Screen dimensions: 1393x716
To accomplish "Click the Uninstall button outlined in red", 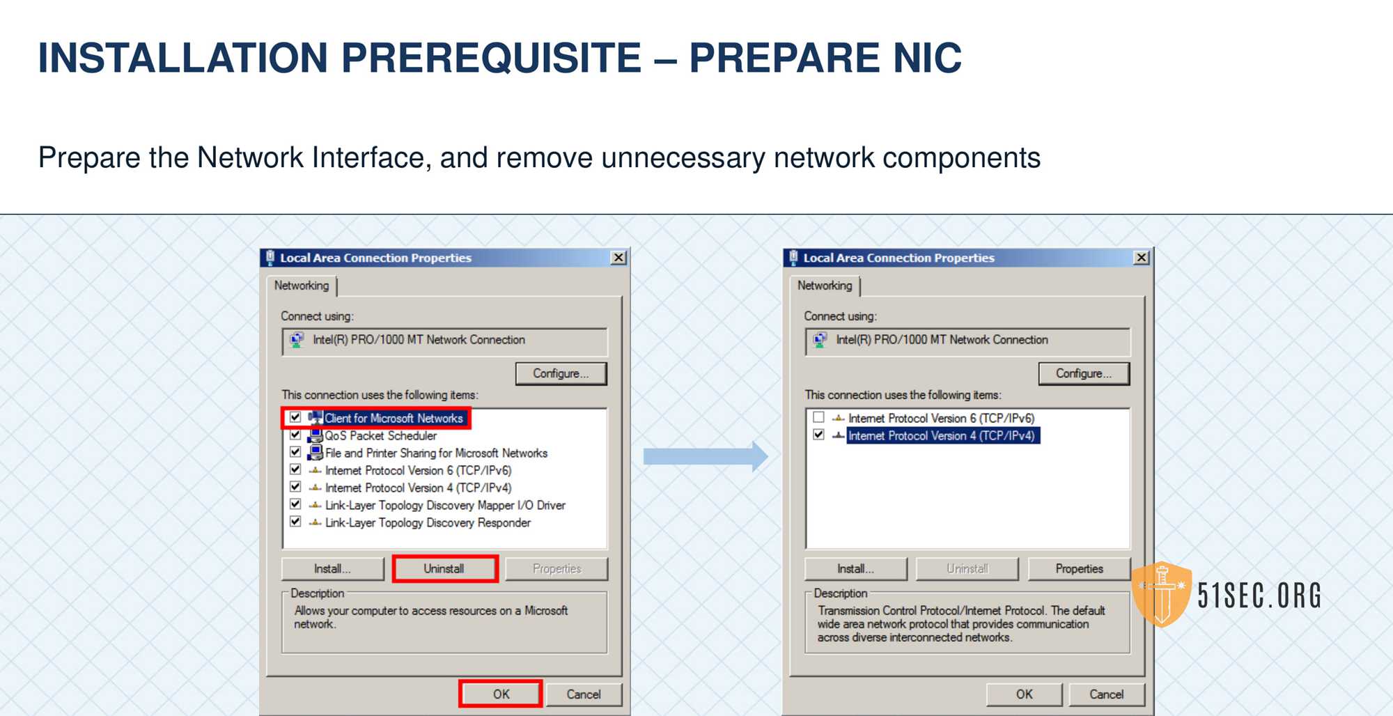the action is (444, 568).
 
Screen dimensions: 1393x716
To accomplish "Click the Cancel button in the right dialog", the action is (1106, 694).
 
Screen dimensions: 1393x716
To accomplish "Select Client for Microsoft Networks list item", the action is (394, 418).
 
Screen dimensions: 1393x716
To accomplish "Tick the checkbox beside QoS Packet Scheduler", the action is (295, 435).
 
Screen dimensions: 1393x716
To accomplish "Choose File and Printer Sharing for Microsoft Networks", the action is (436, 453).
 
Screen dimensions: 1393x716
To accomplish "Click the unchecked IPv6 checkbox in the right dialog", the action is (818, 417).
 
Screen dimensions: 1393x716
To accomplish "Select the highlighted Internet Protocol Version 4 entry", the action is (942, 435).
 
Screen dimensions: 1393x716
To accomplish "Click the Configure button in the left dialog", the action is (561, 373).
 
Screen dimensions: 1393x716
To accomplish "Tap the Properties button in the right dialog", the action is (1079, 568).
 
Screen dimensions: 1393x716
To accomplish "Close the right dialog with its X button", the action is (1141, 258).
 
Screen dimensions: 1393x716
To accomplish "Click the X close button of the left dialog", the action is (618, 258).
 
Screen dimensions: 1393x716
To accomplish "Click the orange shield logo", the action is (1161, 594).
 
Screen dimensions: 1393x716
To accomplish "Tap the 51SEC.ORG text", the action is (1259, 596).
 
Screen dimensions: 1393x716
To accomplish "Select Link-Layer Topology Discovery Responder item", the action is (428, 522).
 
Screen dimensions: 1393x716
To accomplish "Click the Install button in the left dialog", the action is (332, 568).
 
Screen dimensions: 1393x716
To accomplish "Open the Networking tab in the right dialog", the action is (825, 286).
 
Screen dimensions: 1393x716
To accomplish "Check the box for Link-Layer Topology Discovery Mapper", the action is (295, 504).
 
